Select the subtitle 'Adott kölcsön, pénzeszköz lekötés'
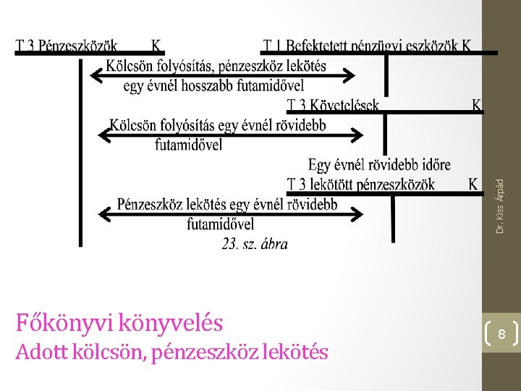coord(171,353)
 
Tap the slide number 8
coord(501,335)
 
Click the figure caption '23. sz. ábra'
coord(255,244)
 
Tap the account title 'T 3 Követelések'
coord(332,106)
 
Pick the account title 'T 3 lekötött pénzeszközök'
coord(360,185)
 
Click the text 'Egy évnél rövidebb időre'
coord(379,164)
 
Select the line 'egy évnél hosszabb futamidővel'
coord(213,86)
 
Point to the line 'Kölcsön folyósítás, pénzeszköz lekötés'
coord(216,67)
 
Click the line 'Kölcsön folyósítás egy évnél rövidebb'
coord(217,125)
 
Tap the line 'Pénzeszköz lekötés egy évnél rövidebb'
coord(227,204)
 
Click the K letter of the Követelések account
coord(477,106)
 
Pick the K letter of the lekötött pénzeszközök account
coord(473,185)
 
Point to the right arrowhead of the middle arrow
coord(357,134)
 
